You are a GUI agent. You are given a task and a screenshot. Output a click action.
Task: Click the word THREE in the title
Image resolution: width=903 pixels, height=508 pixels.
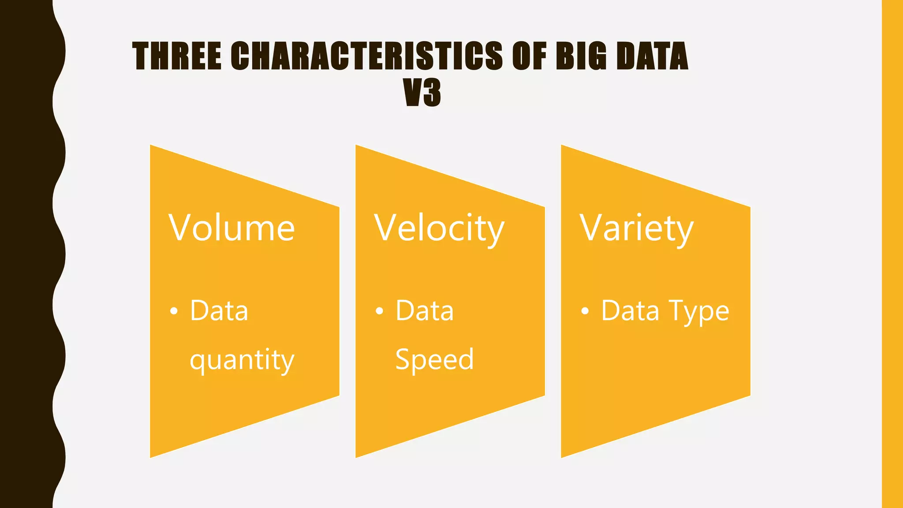point(177,56)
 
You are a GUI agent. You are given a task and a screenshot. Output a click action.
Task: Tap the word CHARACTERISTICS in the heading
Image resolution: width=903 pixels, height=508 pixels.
point(366,56)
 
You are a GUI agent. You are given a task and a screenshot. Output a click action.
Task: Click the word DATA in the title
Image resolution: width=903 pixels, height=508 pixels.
point(652,56)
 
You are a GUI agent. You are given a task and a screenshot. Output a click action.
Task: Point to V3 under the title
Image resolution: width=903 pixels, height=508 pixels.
point(422,93)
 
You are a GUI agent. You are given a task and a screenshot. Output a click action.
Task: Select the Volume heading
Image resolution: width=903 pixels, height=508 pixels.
point(231,228)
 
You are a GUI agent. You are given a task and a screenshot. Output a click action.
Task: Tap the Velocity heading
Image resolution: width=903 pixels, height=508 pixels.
point(439,229)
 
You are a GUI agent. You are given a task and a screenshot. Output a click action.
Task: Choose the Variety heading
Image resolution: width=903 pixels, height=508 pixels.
point(636,229)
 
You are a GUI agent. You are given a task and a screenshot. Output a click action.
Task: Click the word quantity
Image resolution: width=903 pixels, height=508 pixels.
point(242,360)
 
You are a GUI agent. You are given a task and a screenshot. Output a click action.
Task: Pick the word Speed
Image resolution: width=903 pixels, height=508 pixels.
point(434,359)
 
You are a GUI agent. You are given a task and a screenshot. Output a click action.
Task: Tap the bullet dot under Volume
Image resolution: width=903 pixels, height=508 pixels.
point(174,311)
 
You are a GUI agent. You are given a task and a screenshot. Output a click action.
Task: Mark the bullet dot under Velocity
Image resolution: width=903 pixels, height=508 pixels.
point(379,311)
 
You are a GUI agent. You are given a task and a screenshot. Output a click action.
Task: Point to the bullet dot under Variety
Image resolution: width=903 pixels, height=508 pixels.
point(585,311)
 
